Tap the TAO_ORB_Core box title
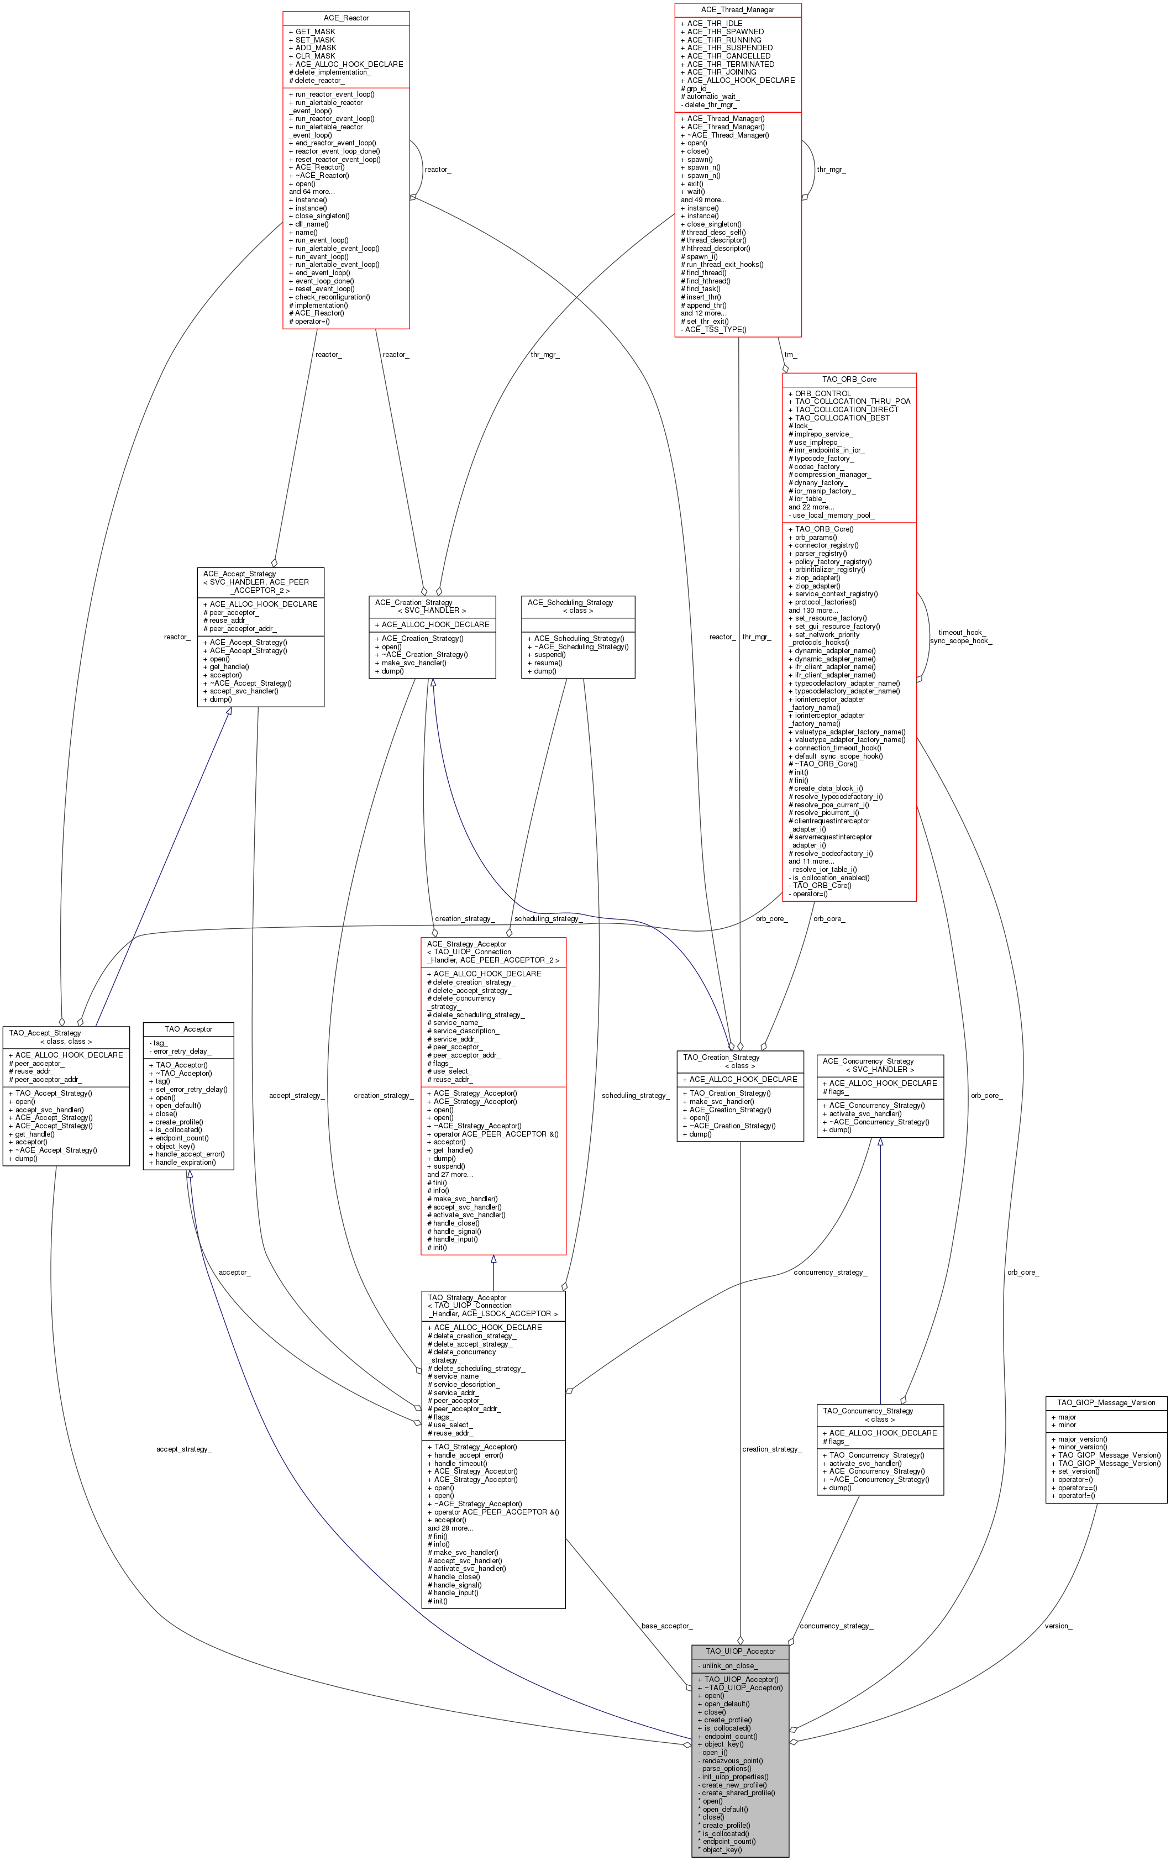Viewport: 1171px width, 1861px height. click(849, 380)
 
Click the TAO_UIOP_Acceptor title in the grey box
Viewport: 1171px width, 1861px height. click(740, 1651)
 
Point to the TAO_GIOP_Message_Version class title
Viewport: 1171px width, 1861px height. click(1106, 1403)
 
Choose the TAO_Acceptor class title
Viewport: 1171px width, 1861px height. click(188, 1029)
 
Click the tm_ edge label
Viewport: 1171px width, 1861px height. click(790, 355)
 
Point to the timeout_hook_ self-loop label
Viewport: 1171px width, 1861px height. click(961, 632)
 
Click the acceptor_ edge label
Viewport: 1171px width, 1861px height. click(234, 1272)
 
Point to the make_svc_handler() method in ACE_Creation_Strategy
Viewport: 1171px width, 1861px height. click(413, 663)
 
